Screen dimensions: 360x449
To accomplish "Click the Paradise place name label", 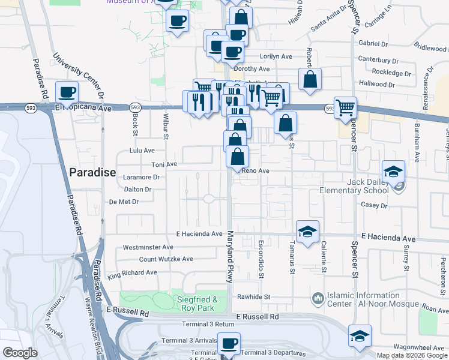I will click(x=92, y=172).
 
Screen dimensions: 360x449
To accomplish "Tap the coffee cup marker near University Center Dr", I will click(x=67, y=92).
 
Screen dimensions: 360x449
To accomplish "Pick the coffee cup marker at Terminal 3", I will click(x=229, y=344).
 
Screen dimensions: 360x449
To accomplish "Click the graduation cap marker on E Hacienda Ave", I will click(x=307, y=231).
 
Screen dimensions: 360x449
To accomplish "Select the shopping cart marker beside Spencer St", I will click(x=345, y=107).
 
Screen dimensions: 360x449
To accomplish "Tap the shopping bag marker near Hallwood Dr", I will click(x=310, y=79).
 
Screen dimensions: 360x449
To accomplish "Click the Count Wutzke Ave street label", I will click(x=166, y=259).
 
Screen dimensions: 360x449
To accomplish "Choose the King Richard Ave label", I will click(x=132, y=275).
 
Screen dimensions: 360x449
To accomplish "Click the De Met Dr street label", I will click(x=124, y=202).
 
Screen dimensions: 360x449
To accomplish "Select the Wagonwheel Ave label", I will click(x=418, y=347).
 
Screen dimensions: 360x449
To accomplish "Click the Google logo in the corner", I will click(x=20, y=353).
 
